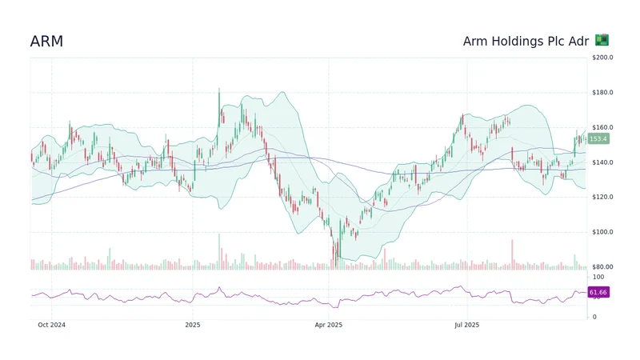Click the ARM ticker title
pyautogui.click(x=46, y=42)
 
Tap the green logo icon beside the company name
pyautogui.click(x=602, y=40)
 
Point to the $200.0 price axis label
pyautogui.click(x=602, y=58)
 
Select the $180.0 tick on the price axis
pyautogui.click(x=602, y=93)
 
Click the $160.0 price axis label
pyautogui.click(x=602, y=128)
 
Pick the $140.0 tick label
pyautogui.click(x=602, y=162)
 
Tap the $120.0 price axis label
pyautogui.click(x=602, y=198)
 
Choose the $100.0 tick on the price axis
pyautogui.click(x=602, y=232)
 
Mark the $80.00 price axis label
pyautogui.click(x=602, y=267)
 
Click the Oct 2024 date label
pyautogui.click(x=52, y=325)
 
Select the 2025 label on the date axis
pyautogui.click(x=192, y=325)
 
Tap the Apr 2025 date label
pyautogui.click(x=329, y=325)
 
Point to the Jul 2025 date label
pyautogui.click(x=466, y=325)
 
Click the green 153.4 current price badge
pyautogui.click(x=598, y=139)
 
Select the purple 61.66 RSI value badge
pyautogui.click(x=598, y=293)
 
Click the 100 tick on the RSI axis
pyautogui.click(x=595, y=276)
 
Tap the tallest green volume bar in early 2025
pyautogui.click(x=218, y=252)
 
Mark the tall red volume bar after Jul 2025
pyautogui.click(x=512, y=254)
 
